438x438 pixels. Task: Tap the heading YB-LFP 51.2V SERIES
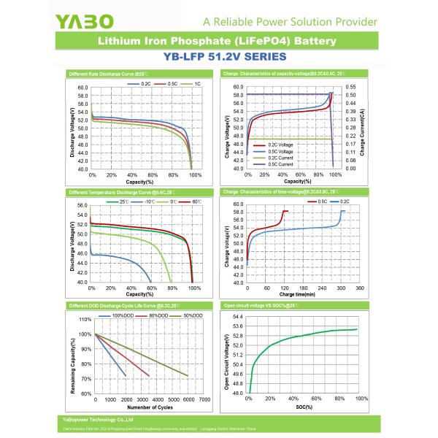218,55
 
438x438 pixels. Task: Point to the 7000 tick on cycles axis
205,400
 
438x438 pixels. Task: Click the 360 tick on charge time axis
359,288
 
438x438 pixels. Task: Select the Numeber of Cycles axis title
139,408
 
